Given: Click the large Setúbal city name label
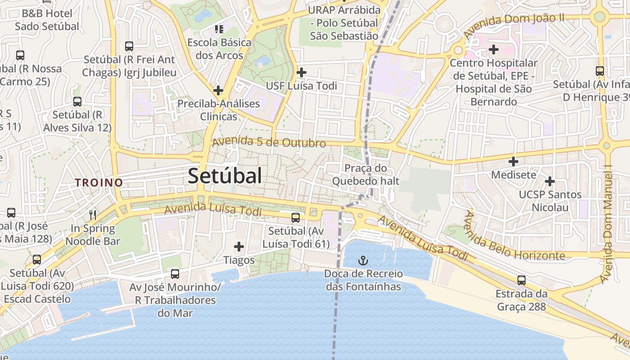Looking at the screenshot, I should pos(225,176).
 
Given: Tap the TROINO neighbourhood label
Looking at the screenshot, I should pos(99,183).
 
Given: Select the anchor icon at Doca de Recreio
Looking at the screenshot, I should pos(363,261).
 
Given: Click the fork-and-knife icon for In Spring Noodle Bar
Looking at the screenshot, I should pos(93,215).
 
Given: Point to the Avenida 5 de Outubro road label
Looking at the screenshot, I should pos(269,142).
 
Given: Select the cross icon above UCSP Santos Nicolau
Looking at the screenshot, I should pos(549,181).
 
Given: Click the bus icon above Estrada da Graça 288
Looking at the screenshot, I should pos(521,280).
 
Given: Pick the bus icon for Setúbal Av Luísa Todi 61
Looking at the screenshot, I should pos(296,218).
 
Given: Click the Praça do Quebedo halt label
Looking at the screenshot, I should pos(365,175).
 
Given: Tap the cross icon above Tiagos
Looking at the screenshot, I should pos(239,247).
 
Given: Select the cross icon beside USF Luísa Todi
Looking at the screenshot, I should pos(301,72).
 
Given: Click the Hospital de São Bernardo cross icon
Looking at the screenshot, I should pos(494,49).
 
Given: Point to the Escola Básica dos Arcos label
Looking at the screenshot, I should pos(220,49).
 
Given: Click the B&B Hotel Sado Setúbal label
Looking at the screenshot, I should pos(47,19).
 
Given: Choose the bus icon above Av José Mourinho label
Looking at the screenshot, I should pos(175,274).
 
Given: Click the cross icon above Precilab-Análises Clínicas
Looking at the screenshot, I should pos(218,90).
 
